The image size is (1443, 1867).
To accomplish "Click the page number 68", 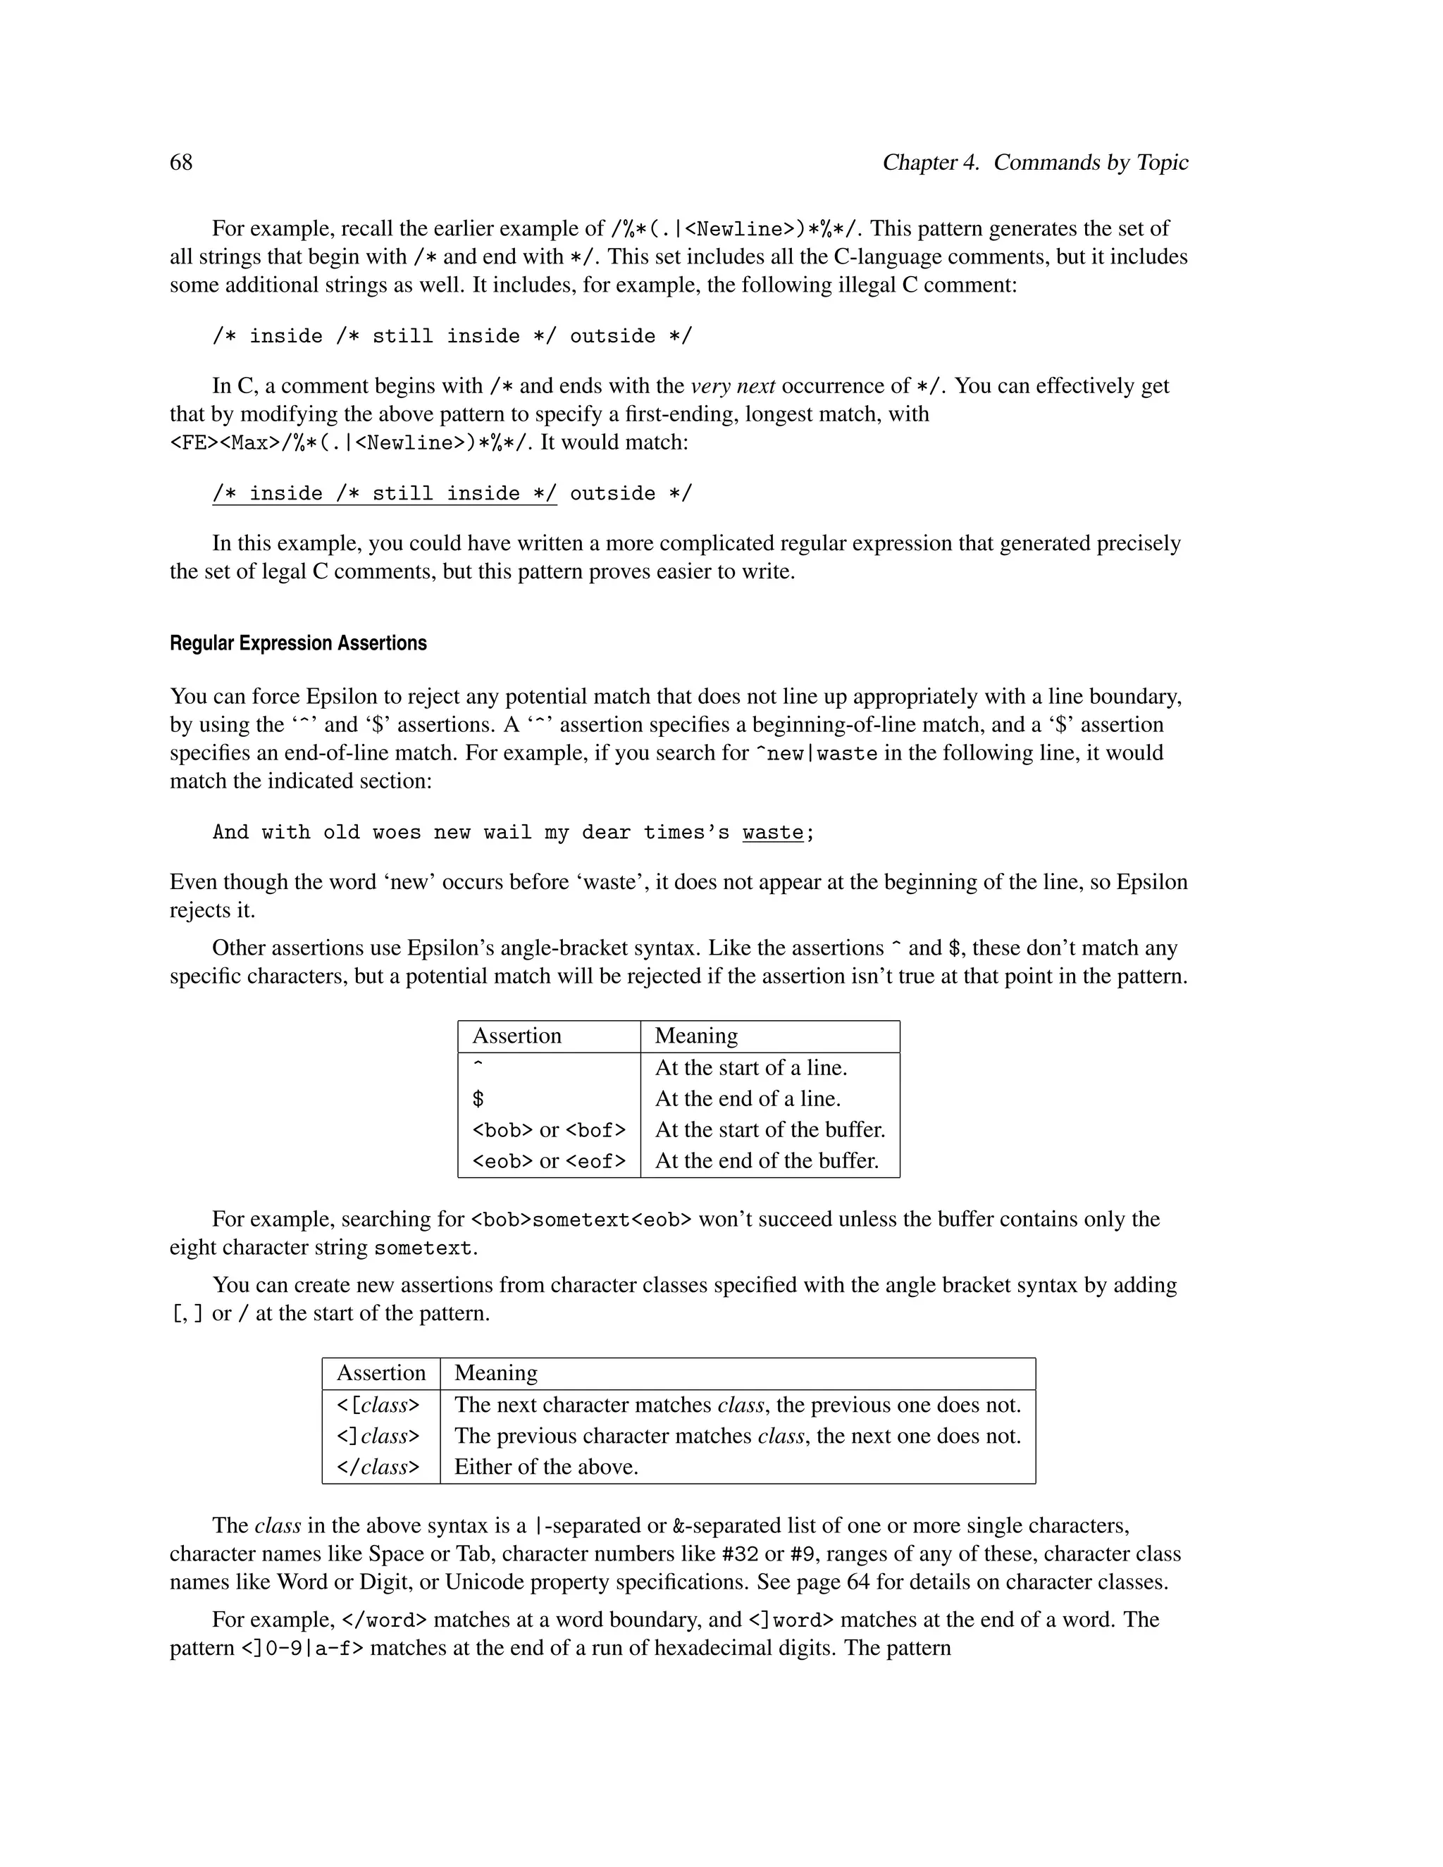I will point(181,163).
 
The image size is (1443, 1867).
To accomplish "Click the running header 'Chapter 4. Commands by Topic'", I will point(1034,163).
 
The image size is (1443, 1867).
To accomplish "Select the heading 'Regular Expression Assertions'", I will point(297,643).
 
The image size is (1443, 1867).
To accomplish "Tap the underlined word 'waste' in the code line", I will point(773,833).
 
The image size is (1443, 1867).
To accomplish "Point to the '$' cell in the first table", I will point(478,1099).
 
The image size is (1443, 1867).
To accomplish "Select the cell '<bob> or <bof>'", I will point(548,1130).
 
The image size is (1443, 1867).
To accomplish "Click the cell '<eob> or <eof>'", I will point(548,1161).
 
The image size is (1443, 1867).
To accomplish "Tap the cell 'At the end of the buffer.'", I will point(766,1161).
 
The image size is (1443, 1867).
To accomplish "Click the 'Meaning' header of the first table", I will point(696,1036).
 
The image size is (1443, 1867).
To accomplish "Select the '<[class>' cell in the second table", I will point(378,1406).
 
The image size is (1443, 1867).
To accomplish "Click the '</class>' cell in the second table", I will point(378,1467).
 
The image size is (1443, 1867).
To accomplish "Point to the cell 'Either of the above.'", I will point(545,1467).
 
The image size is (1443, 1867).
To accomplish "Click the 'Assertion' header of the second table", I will point(380,1373).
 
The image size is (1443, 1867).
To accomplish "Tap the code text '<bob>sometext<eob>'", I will point(581,1220).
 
